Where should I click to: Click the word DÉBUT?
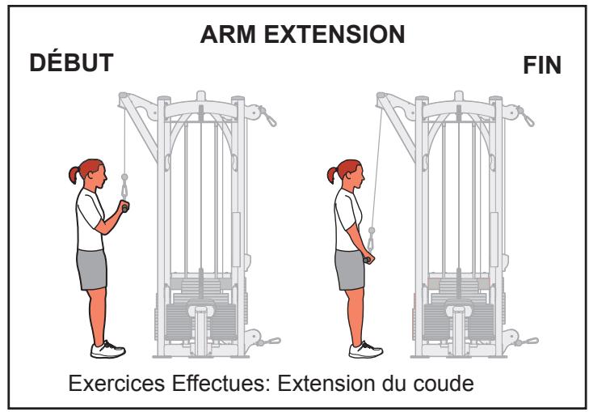click(70, 64)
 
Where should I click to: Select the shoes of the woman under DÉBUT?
click(107, 349)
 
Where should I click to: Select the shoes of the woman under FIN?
click(365, 349)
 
